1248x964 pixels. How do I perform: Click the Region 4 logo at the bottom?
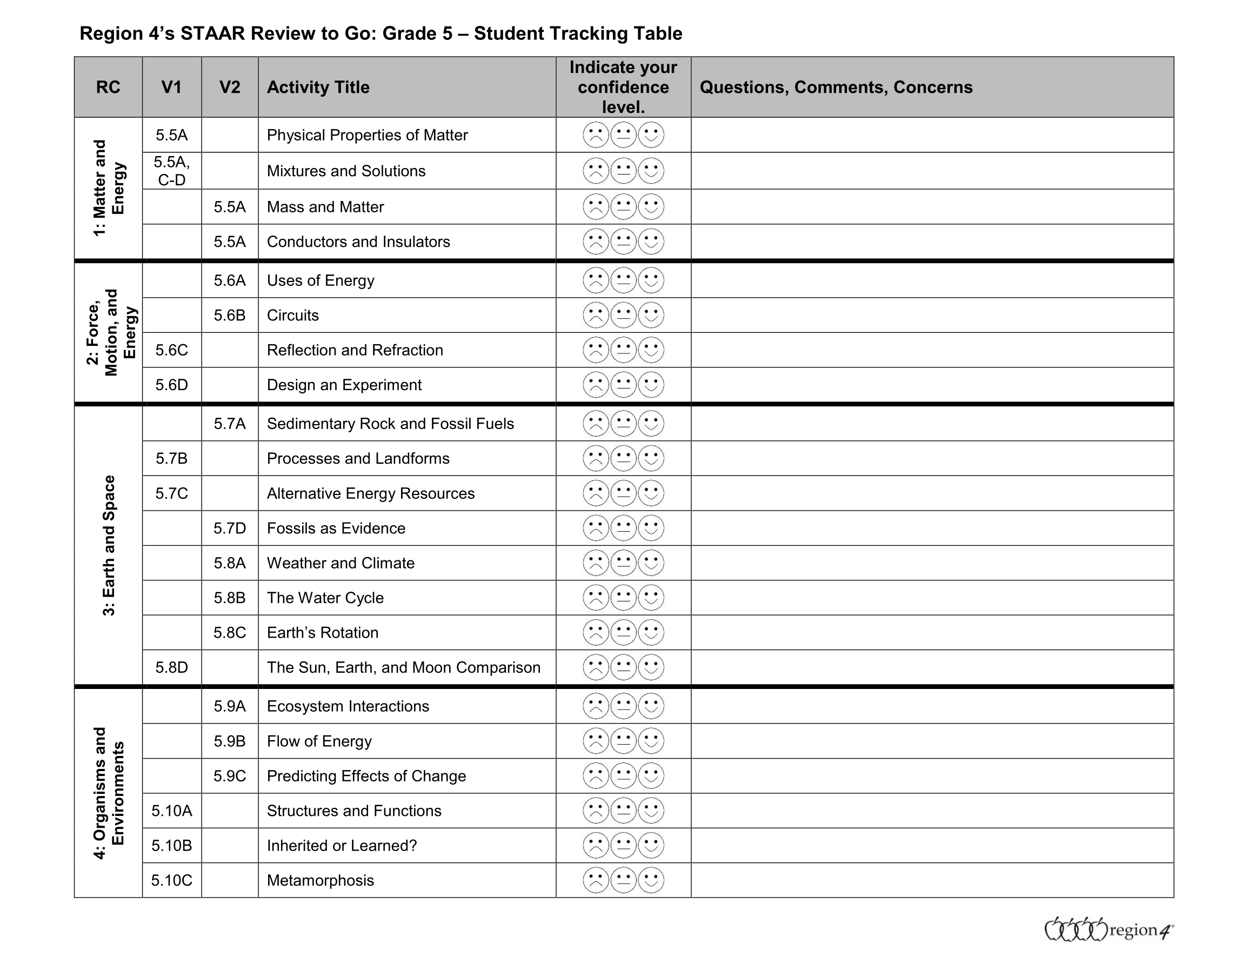pyautogui.click(x=1108, y=930)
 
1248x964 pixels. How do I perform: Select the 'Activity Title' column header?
pyautogui.click(x=318, y=87)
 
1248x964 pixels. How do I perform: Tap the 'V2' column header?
pyautogui.click(x=230, y=87)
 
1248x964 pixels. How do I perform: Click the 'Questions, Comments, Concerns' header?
pyautogui.click(x=836, y=87)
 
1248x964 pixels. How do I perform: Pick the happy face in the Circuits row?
pyautogui.click(x=651, y=315)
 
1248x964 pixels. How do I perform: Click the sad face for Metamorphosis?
pyautogui.click(x=596, y=880)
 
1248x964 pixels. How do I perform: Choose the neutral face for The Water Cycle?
pyautogui.click(x=623, y=598)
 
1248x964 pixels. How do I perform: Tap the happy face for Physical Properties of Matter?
pyautogui.click(x=651, y=135)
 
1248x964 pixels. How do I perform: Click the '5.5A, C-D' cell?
pyautogui.click(x=171, y=171)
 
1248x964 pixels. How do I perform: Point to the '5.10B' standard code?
pyautogui.click(x=171, y=845)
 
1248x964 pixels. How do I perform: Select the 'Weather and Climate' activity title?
pyautogui.click(x=341, y=563)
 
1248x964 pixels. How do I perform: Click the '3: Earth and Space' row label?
pyautogui.click(x=109, y=545)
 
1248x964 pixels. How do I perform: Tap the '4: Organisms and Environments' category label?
pyautogui.click(x=109, y=793)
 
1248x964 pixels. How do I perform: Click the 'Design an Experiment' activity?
pyautogui.click(x=344, y=385)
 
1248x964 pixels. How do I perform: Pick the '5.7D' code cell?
pyautogui.click(x=230, y=528)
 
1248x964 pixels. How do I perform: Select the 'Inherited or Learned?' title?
pyautogui.click(x=342, y=845)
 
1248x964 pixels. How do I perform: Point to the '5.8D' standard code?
pyautogui.click(x=171, y=667)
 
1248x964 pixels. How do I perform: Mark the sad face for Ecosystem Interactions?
pyautogui.click(x=596, y=706)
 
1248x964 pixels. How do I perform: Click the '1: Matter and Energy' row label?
pyautogui.click(x=109, y=188)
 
